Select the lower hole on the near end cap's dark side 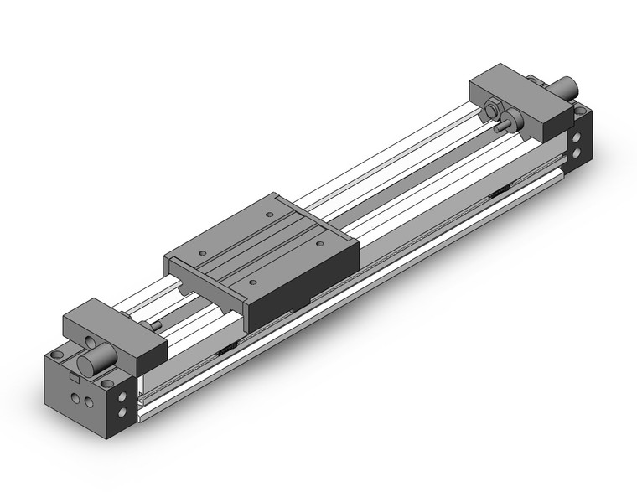pos(127,412)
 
